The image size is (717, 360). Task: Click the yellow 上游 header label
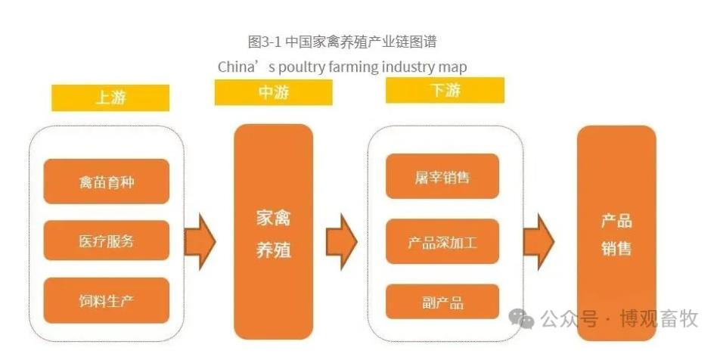pyautogui.click(x=110, y=98)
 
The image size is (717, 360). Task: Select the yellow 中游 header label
pyautogui.click(x=273, y=93)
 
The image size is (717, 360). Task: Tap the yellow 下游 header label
pyautogui.click(x=444, y=90)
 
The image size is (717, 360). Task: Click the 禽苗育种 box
pyautogui.click(x=106, y=182)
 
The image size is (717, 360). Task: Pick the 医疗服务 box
pyautogui.click(x=106, y=241)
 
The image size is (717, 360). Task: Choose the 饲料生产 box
pyautogui.click(x=106, y=300)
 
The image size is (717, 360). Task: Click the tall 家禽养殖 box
pyautogui.click(x=273, y=234)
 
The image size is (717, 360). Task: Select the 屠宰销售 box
pyautogui.click(x=442, y=177)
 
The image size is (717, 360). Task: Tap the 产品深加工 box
pyautogui.click(x=442, y=242)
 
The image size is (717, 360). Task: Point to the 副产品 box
pyautogui.click(x=442, y=302)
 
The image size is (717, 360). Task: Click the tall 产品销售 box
pyautogui.click(x=616, y=234)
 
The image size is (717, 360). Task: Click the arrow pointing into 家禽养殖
pyautogui.click(x=200, y=241)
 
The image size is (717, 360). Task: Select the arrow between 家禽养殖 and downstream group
pyautogui.click(x=341, y=241)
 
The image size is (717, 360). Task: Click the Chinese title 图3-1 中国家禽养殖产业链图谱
pyautogui.click(x=342, y=41)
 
